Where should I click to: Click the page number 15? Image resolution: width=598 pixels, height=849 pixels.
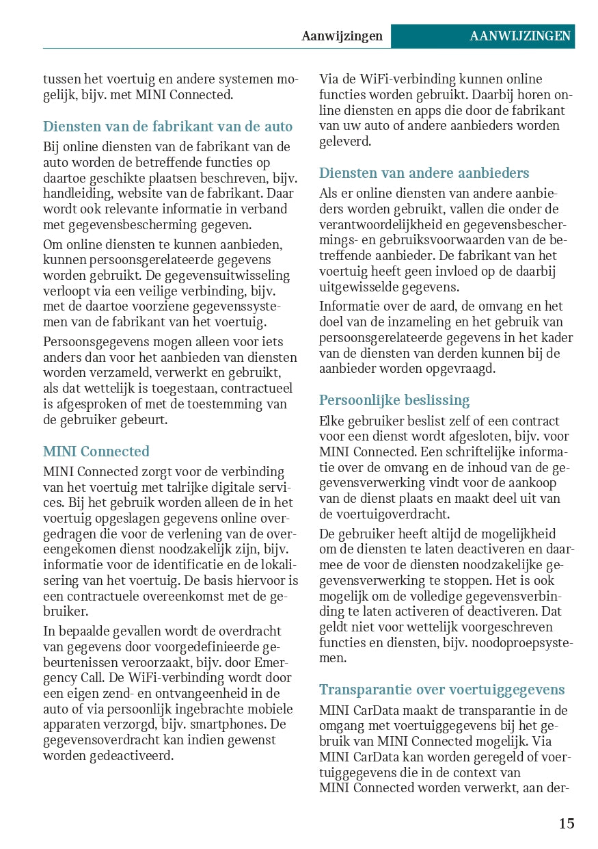tap(567, 823)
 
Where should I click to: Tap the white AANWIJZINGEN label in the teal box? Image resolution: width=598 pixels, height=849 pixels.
tap(520, 36)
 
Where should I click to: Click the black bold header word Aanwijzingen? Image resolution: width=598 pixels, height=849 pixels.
tap(342, 36)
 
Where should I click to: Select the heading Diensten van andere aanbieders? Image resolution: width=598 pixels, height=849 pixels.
tap(424, 173)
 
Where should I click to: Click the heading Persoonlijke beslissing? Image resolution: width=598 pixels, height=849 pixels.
tap(394, 400)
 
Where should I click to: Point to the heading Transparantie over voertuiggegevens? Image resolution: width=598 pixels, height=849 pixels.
tap(442, 690)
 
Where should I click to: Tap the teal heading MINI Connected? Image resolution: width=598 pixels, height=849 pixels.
tap(96, 452)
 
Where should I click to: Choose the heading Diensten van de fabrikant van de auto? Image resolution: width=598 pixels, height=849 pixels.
tap(167, 127)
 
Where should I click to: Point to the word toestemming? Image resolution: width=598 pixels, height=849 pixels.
tap(224, 404)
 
